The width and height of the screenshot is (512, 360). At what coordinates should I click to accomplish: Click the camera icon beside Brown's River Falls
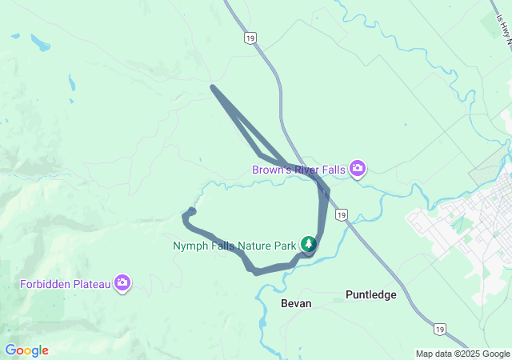tap(358, 168)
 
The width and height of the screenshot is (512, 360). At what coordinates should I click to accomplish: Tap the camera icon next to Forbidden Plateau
tap(122, 282)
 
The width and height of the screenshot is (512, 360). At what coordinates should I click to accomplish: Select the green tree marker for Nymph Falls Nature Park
tap(309, 243)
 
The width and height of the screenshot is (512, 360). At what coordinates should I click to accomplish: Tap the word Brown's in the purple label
tap(269, 170)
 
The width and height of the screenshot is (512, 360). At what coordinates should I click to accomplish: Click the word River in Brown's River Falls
tap(306, 170)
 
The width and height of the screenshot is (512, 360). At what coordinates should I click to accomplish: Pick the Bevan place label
tap(295, 304)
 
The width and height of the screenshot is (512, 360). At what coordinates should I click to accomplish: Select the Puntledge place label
tap(370, 294)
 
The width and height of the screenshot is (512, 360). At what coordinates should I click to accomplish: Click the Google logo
tap(27, 350)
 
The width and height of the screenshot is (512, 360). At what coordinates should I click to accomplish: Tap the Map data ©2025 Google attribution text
tap(462, 354)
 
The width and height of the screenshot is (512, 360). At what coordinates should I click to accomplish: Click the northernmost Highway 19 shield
tap(250, 38)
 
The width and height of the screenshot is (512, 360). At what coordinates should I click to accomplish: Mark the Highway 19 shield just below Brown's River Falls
tap(342, 216)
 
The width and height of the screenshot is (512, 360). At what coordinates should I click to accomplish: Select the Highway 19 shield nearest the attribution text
tap(439, 328)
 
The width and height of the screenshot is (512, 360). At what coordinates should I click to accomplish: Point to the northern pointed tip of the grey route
tap(211, 86)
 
